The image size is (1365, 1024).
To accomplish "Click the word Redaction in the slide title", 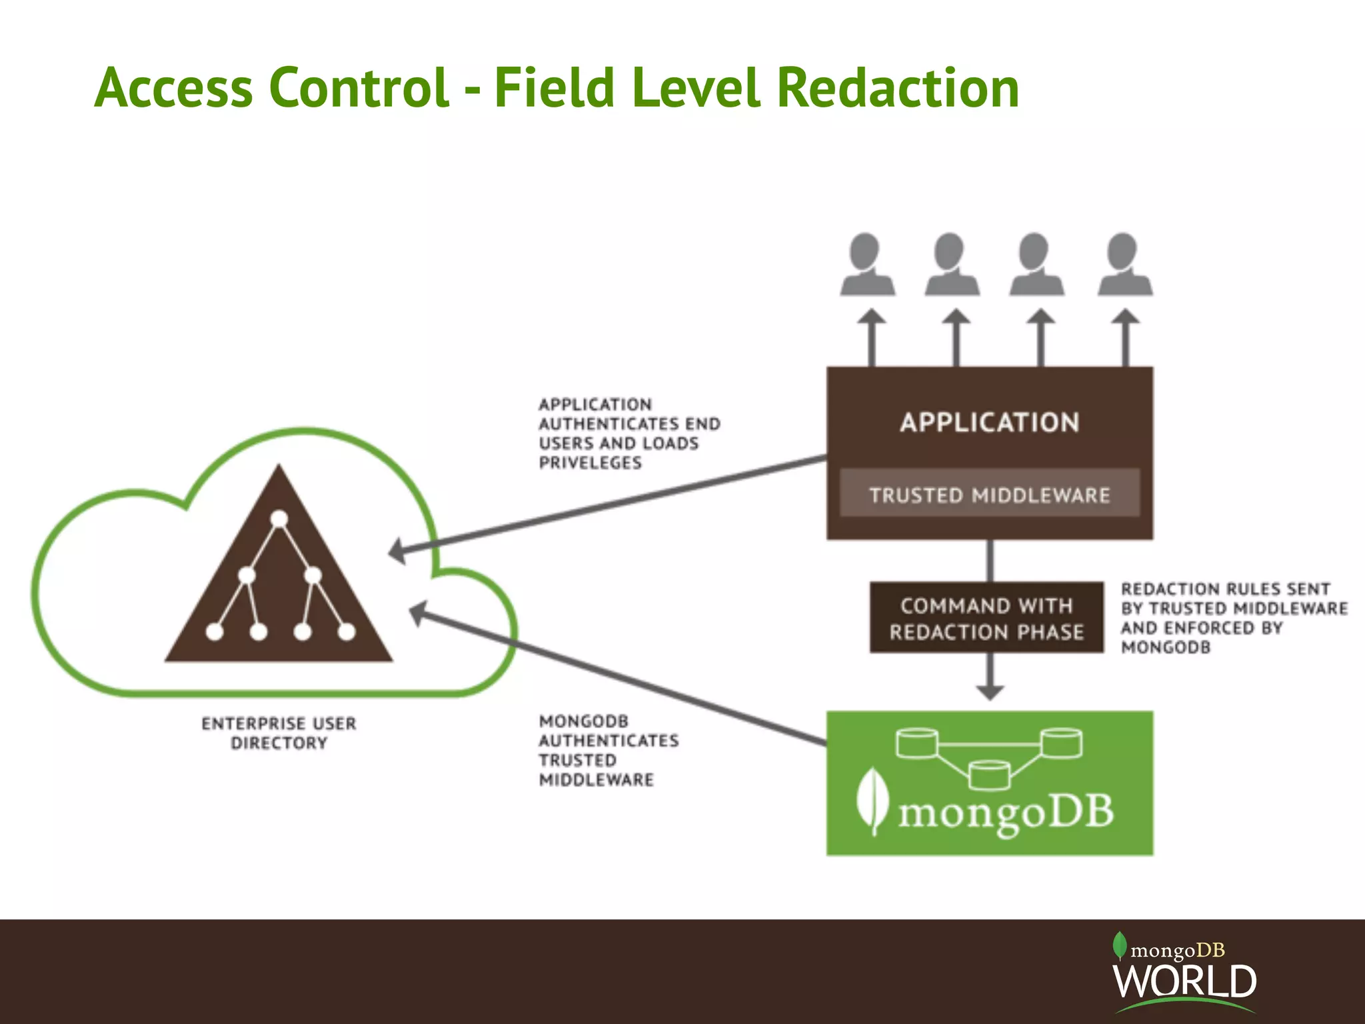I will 898,88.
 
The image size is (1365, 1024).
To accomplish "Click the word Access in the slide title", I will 174,88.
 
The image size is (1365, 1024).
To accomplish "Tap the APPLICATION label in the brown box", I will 989,423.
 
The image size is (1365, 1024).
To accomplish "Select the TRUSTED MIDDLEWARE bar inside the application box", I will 989,494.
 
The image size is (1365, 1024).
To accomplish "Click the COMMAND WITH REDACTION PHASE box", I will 986,618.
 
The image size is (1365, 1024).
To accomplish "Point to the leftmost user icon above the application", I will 867,265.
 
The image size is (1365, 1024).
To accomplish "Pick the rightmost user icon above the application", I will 1125,265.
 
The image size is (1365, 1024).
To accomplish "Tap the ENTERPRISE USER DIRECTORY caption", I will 279,733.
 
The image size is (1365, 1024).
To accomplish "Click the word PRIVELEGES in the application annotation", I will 591,463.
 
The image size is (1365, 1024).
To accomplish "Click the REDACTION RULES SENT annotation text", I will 1225,589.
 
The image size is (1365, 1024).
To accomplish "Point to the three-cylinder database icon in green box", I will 989,757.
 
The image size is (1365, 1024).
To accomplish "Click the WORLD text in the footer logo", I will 1184,981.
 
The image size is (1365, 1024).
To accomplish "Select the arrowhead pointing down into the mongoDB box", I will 990,691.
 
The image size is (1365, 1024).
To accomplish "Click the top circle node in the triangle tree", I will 280,519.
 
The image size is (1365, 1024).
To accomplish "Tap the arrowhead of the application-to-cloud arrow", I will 398,551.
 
